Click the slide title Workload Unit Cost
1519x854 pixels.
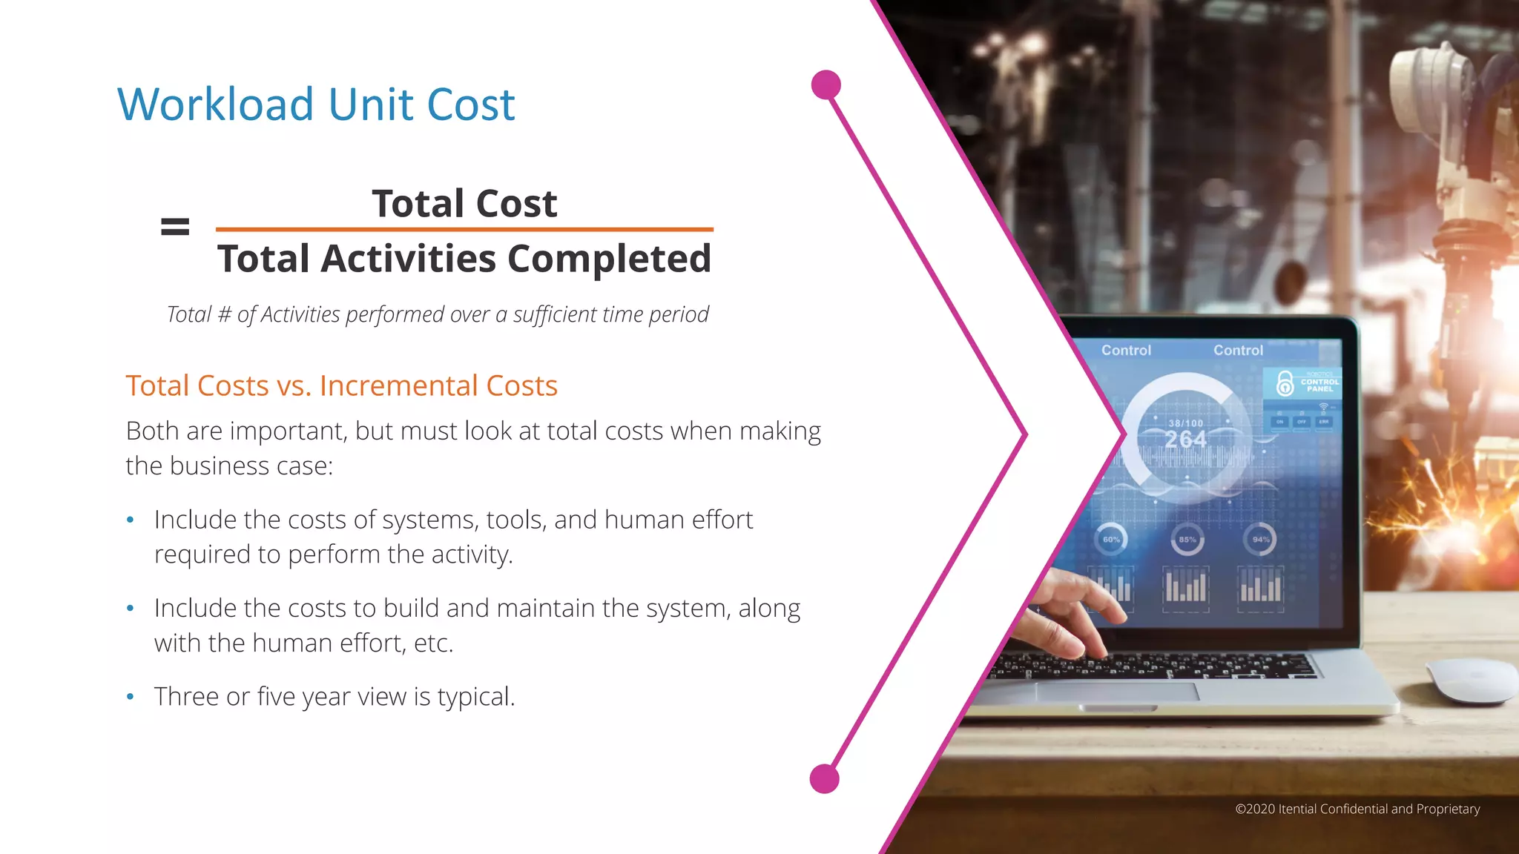click(316, 105)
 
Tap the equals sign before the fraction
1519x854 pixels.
click(175, 227)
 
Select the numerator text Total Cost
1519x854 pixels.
click(464, 204)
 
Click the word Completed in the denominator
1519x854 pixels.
click(609, 259)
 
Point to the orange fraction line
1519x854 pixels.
click(464, 230)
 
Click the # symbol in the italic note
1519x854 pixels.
click(224, 315)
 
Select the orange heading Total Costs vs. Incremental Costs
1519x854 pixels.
click(341, 386)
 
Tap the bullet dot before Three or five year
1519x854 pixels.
click(131, 697)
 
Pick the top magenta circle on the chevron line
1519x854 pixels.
click(826, 85)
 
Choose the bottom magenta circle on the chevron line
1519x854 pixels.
click(825, 779)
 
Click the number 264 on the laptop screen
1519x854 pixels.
click(1185, 440)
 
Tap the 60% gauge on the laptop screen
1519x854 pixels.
click(1110, 540)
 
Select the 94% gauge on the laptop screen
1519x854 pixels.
click(1260, 540)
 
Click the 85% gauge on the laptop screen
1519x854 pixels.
click(1187, 540)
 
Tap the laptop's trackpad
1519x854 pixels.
click(1116, 692)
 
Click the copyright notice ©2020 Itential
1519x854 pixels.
click(1357, 809)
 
